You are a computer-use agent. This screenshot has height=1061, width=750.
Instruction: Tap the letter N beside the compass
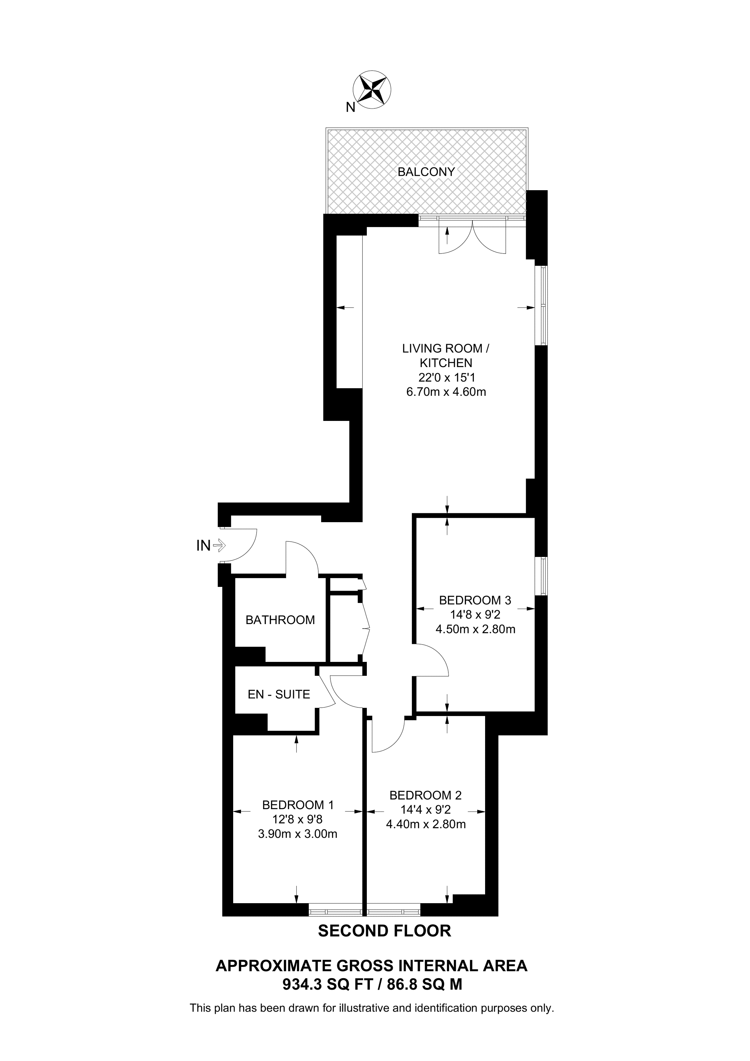pos(351,108)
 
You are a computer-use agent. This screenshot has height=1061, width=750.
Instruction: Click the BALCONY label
pos(426,172)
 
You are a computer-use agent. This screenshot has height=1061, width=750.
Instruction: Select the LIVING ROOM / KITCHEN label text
pos(446,355)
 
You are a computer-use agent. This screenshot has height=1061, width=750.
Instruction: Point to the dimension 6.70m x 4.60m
pos(446,392)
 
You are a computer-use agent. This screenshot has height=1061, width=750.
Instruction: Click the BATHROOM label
pos(280,620)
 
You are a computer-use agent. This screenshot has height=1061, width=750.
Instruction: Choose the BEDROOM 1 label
pos(298,805)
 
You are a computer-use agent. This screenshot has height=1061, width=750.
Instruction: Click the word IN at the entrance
pos(203,546)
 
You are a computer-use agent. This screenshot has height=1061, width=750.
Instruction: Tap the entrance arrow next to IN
pos(220,546)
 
